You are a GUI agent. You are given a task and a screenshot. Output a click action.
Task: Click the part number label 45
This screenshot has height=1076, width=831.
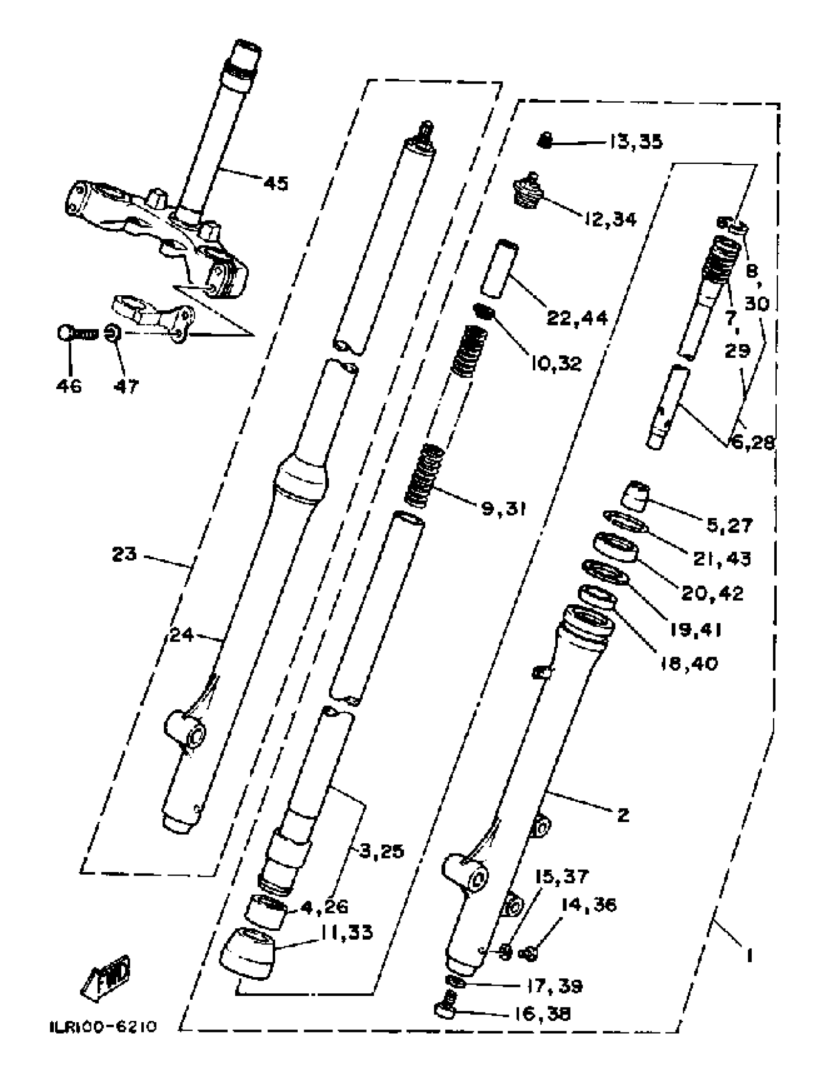[x=275, y=184]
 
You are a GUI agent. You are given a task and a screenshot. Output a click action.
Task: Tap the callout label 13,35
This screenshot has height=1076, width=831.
[x=635, y=142]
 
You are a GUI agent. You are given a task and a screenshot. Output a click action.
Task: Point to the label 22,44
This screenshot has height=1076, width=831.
[x=577, y=318]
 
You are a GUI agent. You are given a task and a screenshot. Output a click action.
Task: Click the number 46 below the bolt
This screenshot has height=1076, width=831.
[x=68, y=386]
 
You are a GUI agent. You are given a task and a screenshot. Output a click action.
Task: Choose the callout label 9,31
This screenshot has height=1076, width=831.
[x=503, y=508]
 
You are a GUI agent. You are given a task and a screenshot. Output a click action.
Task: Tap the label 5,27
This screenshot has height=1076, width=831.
[x=729, y=526]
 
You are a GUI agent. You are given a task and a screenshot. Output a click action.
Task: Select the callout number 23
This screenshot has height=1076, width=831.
[x=124, y=554]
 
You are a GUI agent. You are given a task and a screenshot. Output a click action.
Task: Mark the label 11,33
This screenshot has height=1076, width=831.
[x=347, y=932]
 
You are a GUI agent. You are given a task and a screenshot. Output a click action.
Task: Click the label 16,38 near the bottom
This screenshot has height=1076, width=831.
[x=542, y=1014]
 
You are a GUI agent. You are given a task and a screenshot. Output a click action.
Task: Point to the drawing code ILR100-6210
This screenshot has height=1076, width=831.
[x=104, y=1026]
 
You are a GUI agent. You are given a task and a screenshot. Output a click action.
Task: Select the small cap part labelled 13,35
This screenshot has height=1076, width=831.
[x=544, y=141]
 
